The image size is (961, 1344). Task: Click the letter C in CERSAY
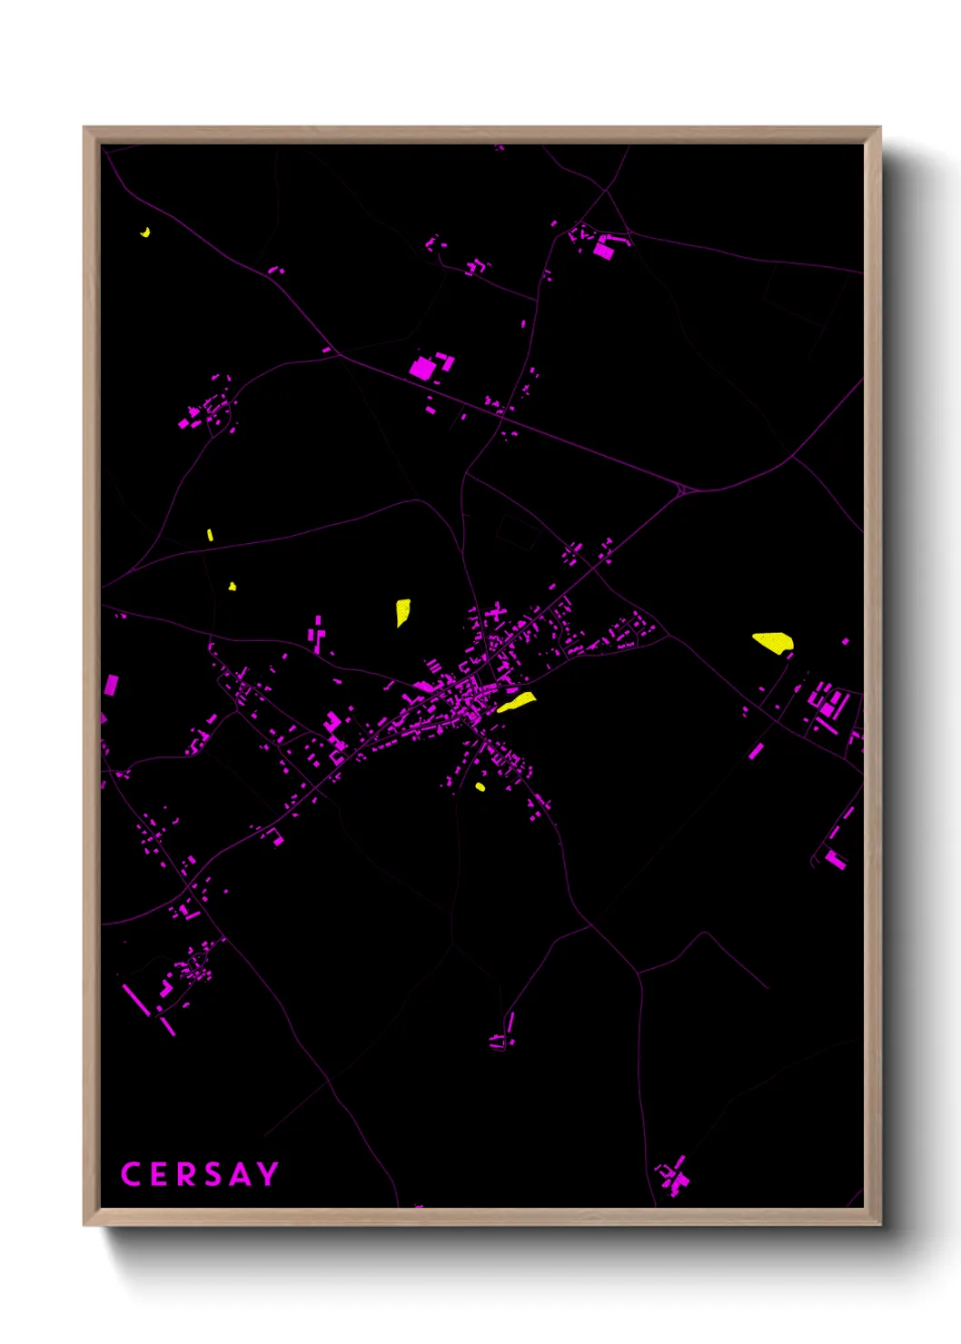(x=130, y=1174)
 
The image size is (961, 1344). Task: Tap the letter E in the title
(x=160, y=1174)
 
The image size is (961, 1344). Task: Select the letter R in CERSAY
(x=186, y=1174)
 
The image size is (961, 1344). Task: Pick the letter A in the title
(x=240, y=1174)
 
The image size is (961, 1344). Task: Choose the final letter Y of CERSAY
(x=267, y=1174)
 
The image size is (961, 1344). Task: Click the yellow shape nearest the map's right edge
(x=773, y=642)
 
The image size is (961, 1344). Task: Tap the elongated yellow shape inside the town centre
(x=516, y=702)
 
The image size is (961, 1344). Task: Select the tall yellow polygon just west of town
(x=402, y=611)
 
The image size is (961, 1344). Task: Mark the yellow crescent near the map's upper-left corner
(x=145, y=232)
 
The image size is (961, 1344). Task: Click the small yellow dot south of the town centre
(x=480, y=786)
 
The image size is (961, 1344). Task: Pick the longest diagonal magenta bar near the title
(x=136, y=1000)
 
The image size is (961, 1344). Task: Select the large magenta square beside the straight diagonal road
(x=421, y=369)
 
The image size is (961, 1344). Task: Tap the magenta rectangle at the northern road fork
(x=604, y=250)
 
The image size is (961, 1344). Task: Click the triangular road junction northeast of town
(x=682, y=490)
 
